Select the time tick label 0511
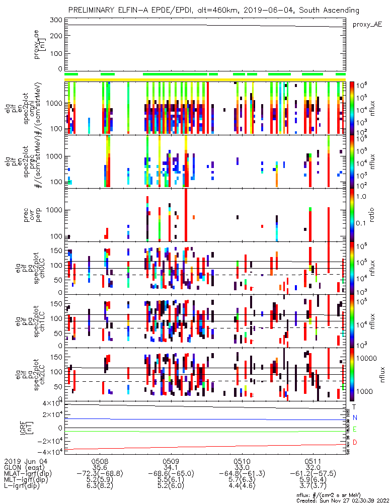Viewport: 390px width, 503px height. click(x=313, y=460)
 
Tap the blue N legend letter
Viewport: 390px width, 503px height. click(x=355, y=417)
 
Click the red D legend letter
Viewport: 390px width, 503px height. click(x=355, y=442)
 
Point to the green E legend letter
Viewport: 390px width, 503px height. click(x=355, y=429)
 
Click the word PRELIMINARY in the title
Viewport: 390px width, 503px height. click(x=93, y=10)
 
